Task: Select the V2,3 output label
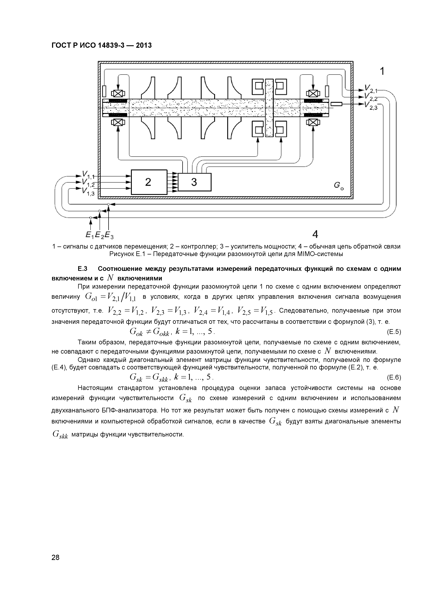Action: (x=371, y=106)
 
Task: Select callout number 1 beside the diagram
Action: (x=382, y=71)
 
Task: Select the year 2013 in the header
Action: (x=144, y=45)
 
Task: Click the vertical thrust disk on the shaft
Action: (x=269, y=108)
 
